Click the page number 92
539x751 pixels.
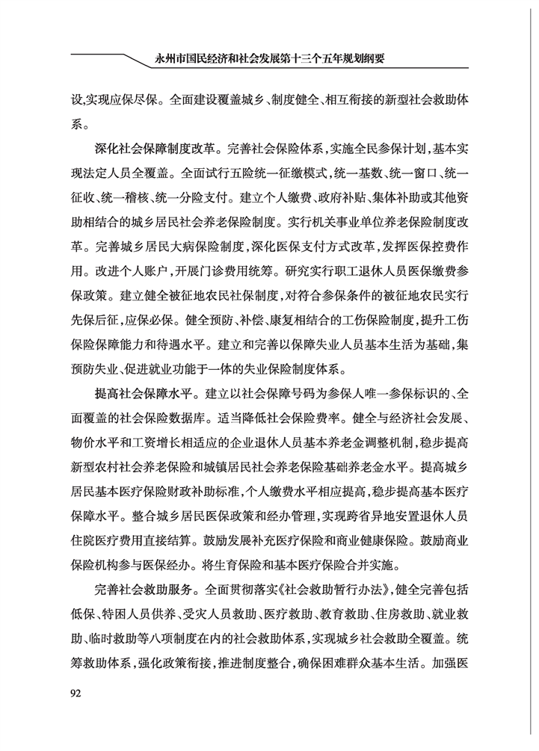tap(76, 692)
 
